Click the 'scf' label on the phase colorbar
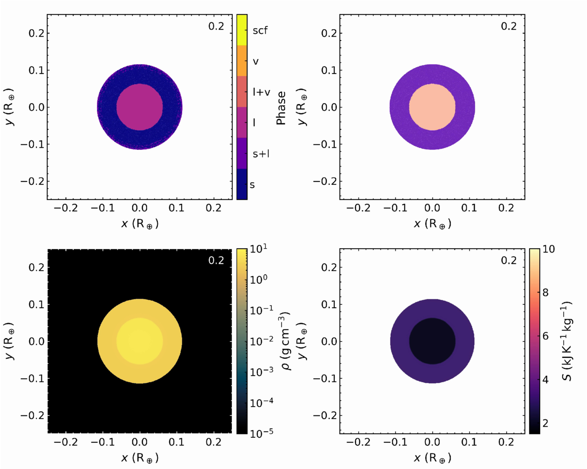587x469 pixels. coord(260,30)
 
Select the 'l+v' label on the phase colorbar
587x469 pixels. coord(261,92)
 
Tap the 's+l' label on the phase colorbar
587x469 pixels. coord(261,154)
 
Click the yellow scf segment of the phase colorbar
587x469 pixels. coord(242,30)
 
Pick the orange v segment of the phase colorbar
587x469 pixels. coord(242,60)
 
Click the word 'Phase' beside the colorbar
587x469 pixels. coord(281,108)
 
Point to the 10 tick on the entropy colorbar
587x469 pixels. coord(548,249)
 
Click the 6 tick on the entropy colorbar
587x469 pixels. coord(545,336)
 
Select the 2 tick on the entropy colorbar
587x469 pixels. coord(545,423)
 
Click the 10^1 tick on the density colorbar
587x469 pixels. coord(259,249)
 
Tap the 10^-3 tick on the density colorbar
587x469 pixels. coord(262,371)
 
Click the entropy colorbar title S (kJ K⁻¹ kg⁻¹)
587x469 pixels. coord(567,341)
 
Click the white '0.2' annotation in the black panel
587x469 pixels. coord(216,260)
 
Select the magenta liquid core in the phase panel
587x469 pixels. coord(140,107)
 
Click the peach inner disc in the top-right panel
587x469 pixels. coord(433,107)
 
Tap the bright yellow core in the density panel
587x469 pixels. coord(140,341)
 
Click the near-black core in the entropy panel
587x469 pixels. coord(433,341)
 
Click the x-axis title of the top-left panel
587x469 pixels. coord(140,224)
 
